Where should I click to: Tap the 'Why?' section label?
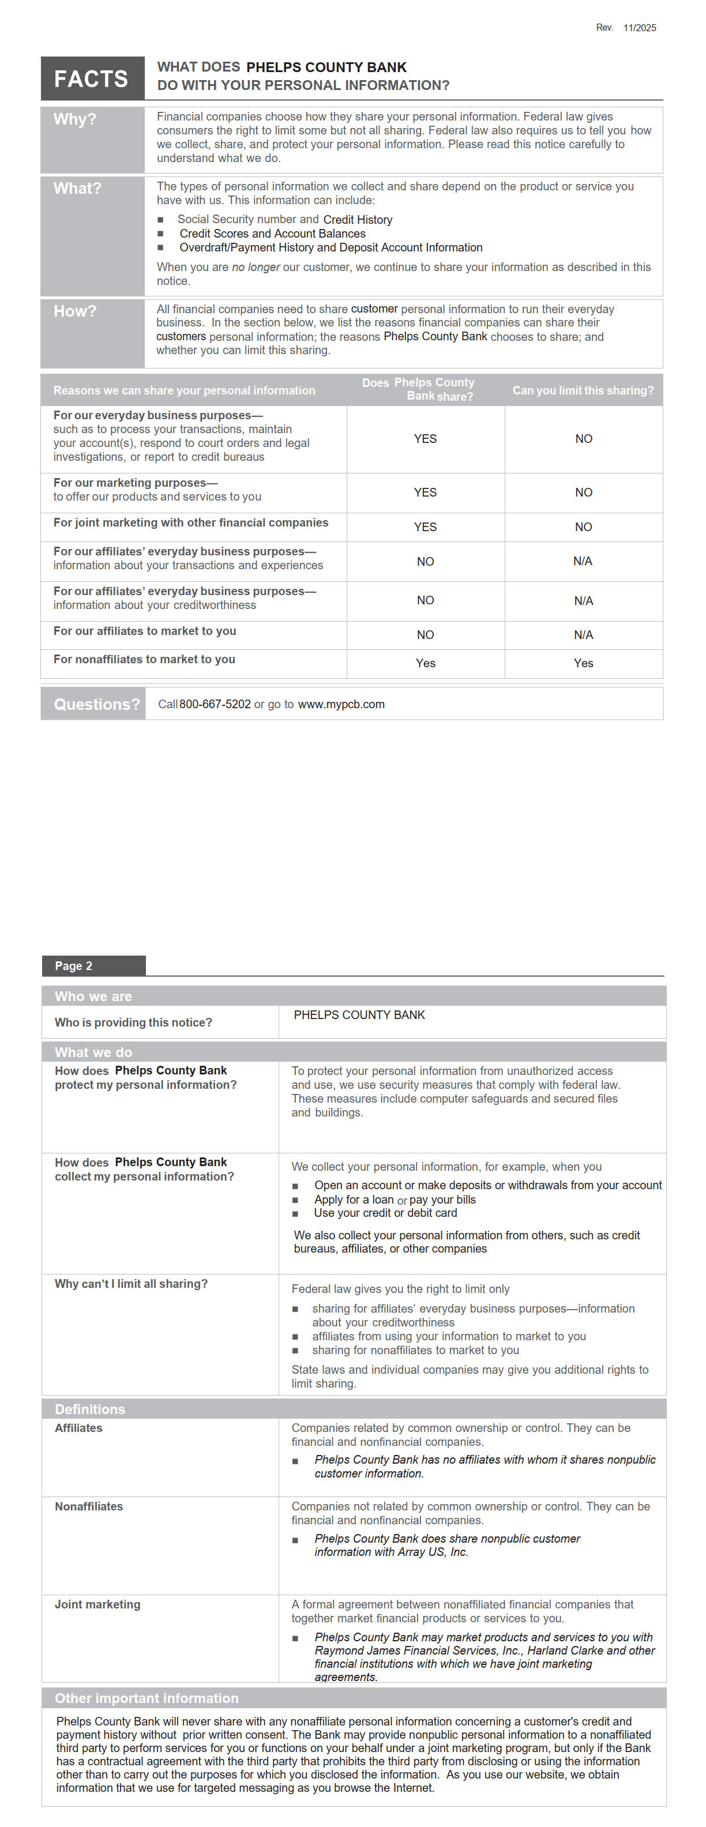[74, 119]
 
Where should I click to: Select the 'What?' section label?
[77, 189]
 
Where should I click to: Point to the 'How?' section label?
[74, 311]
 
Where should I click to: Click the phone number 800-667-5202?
[215, 704]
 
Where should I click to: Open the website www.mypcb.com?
[341, 704]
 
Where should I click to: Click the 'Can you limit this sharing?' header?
[583, 390]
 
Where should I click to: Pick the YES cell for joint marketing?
[425, 527]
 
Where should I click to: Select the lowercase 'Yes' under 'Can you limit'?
[583, 663]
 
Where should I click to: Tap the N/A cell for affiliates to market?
[583, 635]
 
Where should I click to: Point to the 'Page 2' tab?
[74, 966]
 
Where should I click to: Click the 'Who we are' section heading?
[93, 997]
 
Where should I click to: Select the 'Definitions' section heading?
[89, 1409]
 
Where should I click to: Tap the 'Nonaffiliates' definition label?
[89, 1506]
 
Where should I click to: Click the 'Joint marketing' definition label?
[97, 1604]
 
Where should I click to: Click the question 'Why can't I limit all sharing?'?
[132, 1284]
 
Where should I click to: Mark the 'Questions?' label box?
[96, 704]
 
